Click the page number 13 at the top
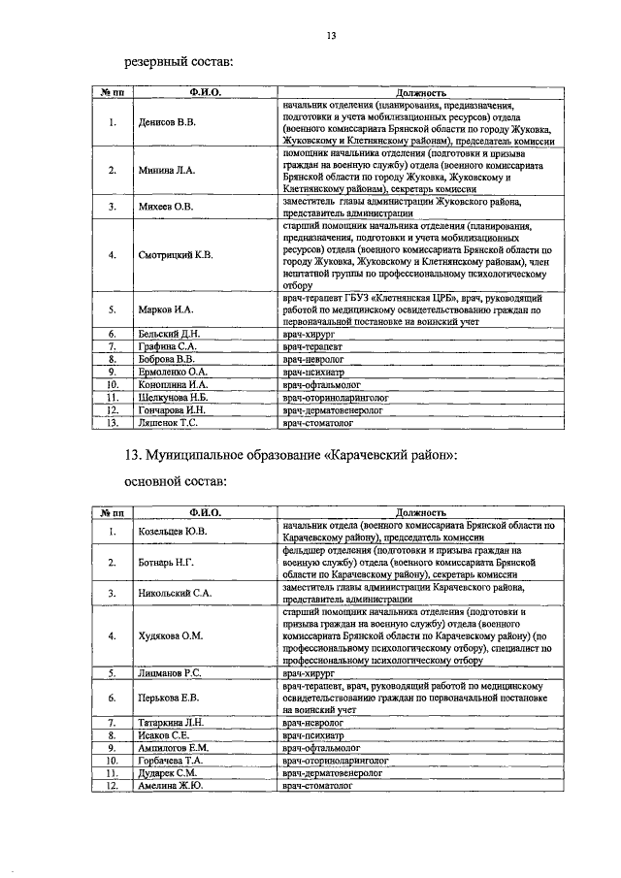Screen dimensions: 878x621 (331, 37)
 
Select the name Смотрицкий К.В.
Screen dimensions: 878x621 (176, 255)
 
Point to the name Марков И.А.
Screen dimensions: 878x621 (161, 309)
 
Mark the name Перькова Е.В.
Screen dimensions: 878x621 (168, 697)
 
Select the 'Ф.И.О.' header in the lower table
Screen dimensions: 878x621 (206, 511)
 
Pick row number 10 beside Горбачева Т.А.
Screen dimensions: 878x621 (113, 762)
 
